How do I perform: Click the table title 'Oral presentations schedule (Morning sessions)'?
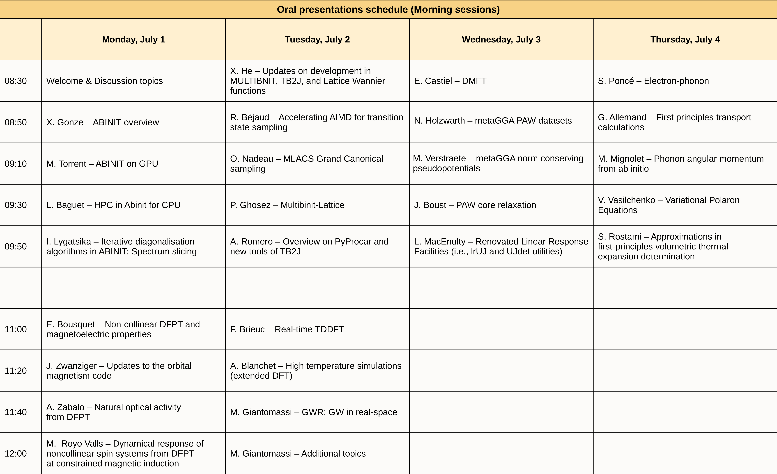pos(388,9)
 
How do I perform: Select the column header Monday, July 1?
pos(133,40)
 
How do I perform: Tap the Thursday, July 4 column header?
pos(685,40)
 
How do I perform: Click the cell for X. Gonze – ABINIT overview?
pos(102,122)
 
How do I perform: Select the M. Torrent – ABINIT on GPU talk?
pos(102,164)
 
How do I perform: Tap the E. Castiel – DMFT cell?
pos(450,81)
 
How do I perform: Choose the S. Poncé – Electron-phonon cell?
pos(653,81)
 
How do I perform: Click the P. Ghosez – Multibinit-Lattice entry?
pos(287,205)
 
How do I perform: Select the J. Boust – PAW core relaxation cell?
pos(475,205)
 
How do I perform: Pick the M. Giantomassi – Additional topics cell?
pos(298,453)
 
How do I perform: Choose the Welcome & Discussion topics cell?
pos(104,81)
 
